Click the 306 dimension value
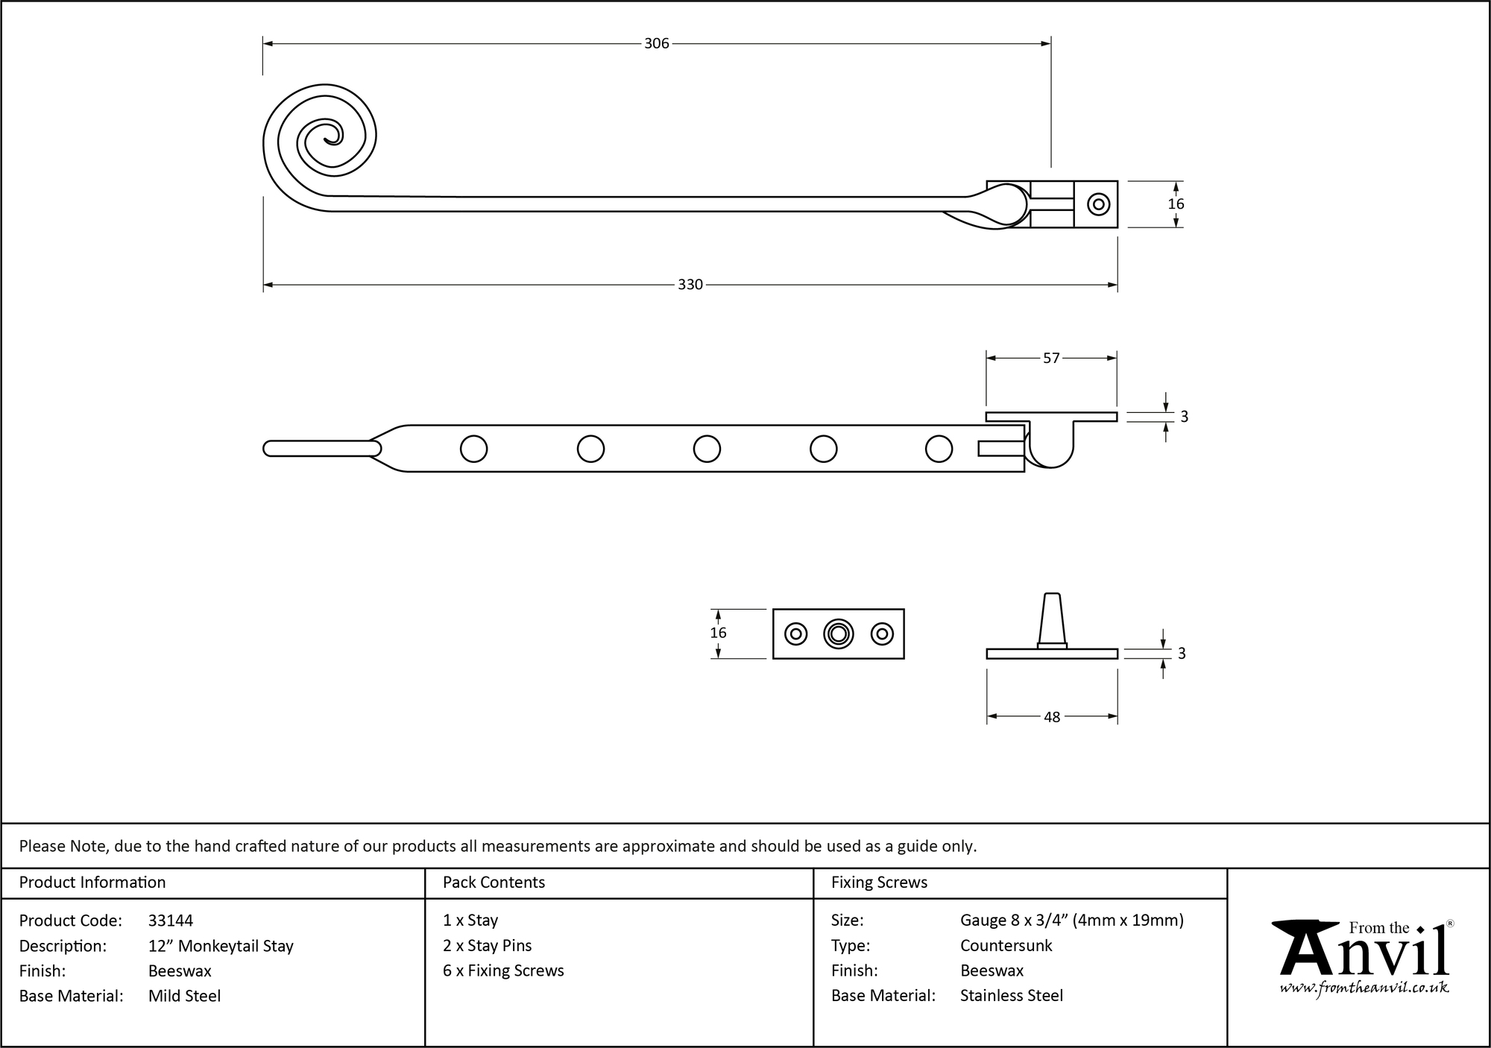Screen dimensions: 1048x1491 tap(656, 44)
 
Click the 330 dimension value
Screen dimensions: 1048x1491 tap(690, 285)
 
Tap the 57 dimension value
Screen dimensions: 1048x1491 tap(1051, 359)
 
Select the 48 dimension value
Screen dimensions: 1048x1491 tap(1051, 717)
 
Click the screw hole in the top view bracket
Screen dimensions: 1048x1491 tap(1097, 204)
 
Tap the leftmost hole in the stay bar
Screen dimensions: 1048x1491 tap(474, 449)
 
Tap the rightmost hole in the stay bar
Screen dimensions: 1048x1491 tap(939, 449)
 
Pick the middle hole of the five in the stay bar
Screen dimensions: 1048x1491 tap(707, 449)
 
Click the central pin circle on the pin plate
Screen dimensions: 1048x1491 tap(839, 634)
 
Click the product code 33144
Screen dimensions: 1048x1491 tap(171, 921)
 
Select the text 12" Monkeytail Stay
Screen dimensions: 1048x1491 tap(221, 946)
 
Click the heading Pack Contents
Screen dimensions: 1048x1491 tap(494, 883)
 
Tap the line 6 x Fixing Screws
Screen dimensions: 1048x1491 tap(503, 970)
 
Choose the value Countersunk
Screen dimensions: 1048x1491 tap(1006, 946)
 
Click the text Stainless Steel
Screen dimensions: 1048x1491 tap(1011, 996)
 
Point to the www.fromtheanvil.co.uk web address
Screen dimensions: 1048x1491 tap(1364, 988)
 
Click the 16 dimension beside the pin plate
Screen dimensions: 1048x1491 tap(718, 633)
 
